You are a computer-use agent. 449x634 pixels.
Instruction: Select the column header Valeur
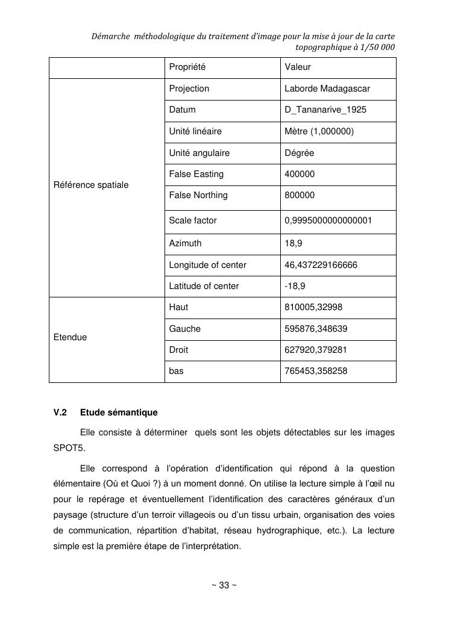point(298,67)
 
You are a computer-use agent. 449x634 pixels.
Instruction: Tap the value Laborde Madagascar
point(327,89)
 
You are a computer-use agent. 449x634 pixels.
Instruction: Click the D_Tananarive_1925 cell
point(325,110)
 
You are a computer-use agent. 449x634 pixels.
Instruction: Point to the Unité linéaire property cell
point(195,131)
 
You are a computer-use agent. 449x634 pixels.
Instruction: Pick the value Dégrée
point(300,153)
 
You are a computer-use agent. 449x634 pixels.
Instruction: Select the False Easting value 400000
point(300,174)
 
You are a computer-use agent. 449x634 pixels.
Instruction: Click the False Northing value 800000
point(300,195)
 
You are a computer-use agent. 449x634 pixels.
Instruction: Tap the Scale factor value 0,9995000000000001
point(328,220)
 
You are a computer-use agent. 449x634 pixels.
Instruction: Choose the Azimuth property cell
point(186,243)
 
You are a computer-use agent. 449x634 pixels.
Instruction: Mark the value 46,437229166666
point(321,264)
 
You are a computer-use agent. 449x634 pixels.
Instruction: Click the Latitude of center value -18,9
point(295,286)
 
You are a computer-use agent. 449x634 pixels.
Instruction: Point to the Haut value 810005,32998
point(313,307)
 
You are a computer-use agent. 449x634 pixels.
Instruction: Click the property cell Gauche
point(185,329)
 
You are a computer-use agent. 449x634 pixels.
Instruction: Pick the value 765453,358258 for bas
point(316,371)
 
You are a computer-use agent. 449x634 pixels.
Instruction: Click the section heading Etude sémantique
point(119,412)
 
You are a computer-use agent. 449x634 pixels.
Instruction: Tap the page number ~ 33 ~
point(224,585)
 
